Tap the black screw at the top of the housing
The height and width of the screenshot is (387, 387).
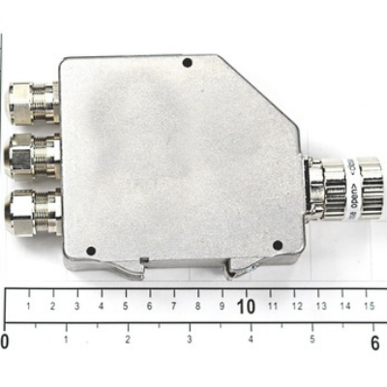[x=188, y=63]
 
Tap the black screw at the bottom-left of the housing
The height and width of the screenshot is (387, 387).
[x=91, y=251]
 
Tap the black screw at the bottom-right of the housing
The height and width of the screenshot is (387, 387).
[x=278, y=245]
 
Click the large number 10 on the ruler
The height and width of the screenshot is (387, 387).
[x=246, y=307]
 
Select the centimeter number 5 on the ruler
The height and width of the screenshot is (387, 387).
[x=125, y=307]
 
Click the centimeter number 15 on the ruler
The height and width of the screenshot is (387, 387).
[x=369, y=307]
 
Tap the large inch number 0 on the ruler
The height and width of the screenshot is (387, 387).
[x=5, y=342]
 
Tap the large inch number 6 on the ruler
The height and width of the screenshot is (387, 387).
[x=374, y=342]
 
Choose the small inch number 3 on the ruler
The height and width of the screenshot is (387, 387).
[x=190, y=340]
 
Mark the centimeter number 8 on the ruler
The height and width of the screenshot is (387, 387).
[x=197, y=307]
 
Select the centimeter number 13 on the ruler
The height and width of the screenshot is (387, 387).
[x=320, y=307]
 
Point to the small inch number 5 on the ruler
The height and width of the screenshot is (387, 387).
[x=313, y=340]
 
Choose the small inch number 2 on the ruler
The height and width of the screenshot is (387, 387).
[x=128, y=340]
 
